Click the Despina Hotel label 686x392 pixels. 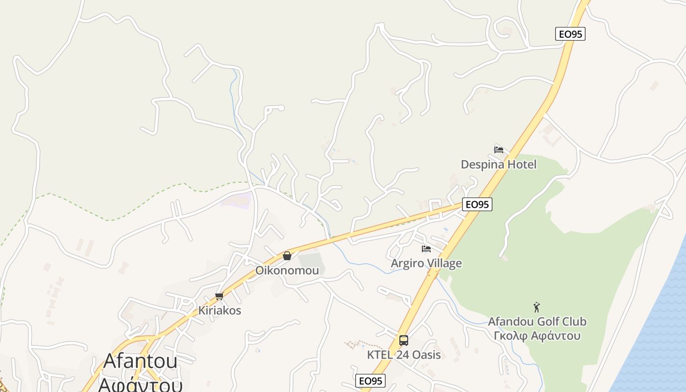[x=498, y=164]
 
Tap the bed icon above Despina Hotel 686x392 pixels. [x=499, y=150]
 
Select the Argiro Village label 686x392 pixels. [x=426, y=263]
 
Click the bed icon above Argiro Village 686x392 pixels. [x=426, y=249]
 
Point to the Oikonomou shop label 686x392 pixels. [x=287, y=270]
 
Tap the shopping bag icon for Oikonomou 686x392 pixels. [x=287, y=256]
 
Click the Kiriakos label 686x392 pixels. [x=220, y=311]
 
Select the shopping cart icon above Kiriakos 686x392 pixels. [x=219, y=296]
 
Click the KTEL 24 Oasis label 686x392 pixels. [x=404, y=355]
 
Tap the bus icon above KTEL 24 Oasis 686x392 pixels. [x=404, y=340]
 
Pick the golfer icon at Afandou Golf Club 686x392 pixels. [x=537, y=308]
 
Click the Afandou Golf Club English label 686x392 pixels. [x=537, y=322]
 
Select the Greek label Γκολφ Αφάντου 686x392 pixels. [x=537, y=336]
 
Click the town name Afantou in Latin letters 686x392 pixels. [x=141, y=362]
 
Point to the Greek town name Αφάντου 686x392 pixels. [x=141, y=383]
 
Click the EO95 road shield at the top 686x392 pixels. [x=570, y=34]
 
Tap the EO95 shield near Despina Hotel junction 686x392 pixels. [x=477, y=204]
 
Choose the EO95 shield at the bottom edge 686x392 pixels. [x=370, y=381]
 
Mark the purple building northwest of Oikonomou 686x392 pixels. [x=236, y=199]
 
